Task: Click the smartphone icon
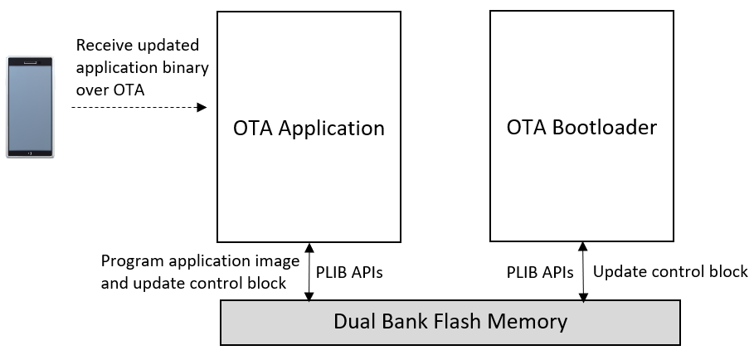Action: point(31,107)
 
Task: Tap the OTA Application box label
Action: point(309,129)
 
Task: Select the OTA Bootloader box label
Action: point(581,127)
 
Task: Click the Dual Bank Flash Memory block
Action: point(450,322)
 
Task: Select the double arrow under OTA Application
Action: point(309,271)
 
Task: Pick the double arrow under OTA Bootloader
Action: point(583,271)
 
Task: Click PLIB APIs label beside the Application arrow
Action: point(349,272)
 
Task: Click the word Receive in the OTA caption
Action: point(103,45)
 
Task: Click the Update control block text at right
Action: point(670,272)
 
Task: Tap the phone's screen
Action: point(31,106)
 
